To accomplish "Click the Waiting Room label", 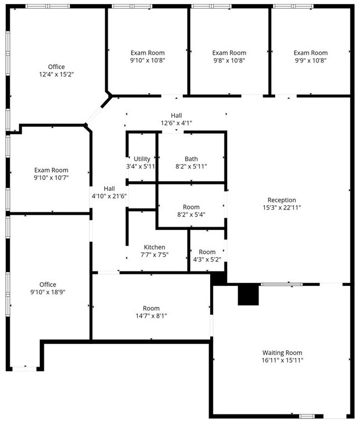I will pos(282,352).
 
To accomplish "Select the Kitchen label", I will pos(154,247).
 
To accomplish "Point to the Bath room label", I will pos(191,159).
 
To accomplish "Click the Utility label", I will pos(142,159).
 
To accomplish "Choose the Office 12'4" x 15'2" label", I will pos(56,66).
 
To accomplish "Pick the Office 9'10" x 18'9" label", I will pos(48,285).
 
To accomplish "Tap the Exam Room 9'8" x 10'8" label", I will pos(229,53).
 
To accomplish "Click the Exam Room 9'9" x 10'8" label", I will pos(310,53).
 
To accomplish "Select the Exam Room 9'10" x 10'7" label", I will pos(51,170).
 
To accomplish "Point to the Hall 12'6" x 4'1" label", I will pos(177,116).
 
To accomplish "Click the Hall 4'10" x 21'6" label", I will pos(109,188).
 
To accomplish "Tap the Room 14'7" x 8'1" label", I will pos(151,308).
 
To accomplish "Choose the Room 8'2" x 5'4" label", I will pos(191,207).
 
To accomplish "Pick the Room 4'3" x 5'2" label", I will pos(207,252).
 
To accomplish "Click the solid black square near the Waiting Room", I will pos(248,295).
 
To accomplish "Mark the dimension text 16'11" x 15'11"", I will pos(282,360).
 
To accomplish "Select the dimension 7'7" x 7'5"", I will pos(154,254).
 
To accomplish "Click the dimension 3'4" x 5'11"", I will pos(140,166).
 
